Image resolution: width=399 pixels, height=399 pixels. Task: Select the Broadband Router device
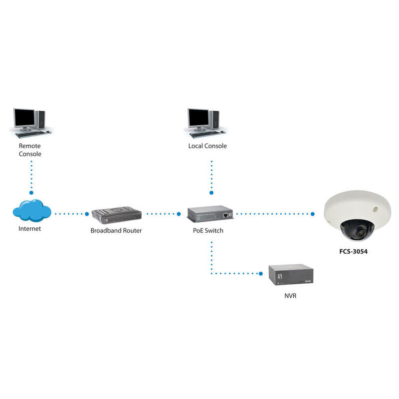tap(117, 214)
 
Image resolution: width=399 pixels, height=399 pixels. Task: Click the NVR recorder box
tap(291, 275)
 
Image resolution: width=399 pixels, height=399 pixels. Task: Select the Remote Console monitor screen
tap(24, 118)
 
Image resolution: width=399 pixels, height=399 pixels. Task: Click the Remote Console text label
tap(30, 150)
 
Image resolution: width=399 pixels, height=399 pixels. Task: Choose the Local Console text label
tap(207, 146)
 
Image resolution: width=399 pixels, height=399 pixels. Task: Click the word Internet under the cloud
tap(30, 229)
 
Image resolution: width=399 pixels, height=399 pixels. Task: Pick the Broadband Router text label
tap(116, 231)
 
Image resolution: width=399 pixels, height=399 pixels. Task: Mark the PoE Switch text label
tap(208, 231)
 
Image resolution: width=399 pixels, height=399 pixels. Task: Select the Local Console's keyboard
tap(204, 134)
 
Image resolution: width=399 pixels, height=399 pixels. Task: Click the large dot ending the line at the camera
tap(313, 214)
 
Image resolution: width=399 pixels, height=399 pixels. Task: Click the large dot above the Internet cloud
tap(31, 192)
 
